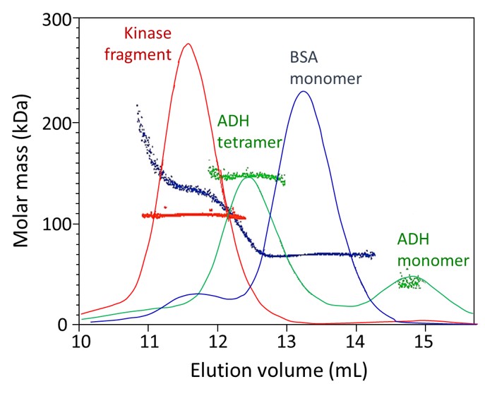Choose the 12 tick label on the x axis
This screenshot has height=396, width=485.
click(218, 341)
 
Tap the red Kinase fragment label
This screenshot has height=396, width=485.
click(148, 43)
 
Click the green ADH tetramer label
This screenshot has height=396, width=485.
click(249, 131)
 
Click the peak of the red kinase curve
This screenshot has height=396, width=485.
click(187, 44)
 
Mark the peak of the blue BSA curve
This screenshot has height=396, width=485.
click(304, 91)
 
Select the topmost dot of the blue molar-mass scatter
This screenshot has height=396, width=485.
click(137, 105)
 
